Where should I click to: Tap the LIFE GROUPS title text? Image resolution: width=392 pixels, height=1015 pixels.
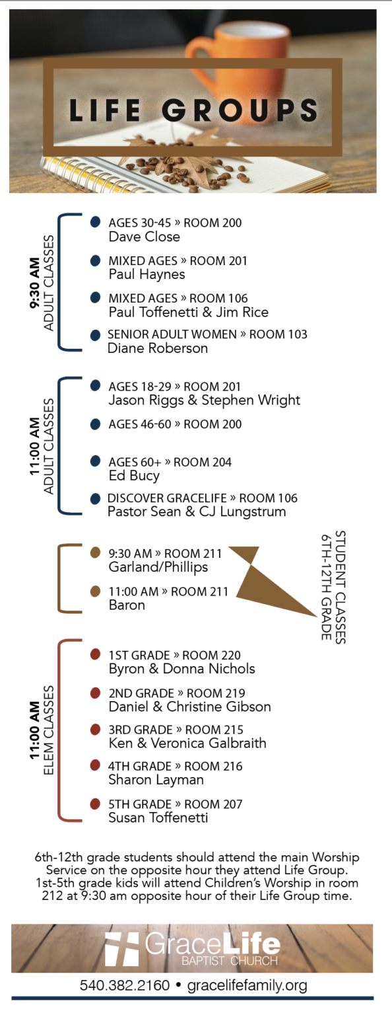pyautogui.click(x=193, y=110)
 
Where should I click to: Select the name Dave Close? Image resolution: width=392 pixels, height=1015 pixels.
pyautogui.click(x=144, y=237)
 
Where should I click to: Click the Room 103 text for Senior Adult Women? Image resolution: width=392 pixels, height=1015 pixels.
pyautogui.click(x=278, y=334)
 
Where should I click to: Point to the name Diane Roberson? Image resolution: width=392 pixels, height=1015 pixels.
pyautogui.click(x=158, y=348)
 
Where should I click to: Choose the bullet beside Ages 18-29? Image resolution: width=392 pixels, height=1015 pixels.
pyautogui.click(x=95, y=386)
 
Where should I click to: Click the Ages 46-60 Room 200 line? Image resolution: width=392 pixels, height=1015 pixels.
pyautogui.click(x=175, y=425)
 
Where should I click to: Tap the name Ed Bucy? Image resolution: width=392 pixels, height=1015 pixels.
pyautogui.click(x=134, y=476)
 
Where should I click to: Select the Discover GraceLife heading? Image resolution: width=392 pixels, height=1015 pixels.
pyautogui.click(x=167, y=498)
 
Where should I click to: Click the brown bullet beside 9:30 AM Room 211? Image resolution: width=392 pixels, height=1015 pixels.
pyautogui.click(x=95, y=553)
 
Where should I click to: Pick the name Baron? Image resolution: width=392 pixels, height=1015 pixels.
pyautogui.click(x=127, y=605)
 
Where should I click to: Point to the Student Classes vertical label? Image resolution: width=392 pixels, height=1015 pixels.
pyautogui.click(x=334, y=587)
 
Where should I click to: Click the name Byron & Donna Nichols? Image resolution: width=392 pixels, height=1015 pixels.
pyautogui.click(x=181, y=669)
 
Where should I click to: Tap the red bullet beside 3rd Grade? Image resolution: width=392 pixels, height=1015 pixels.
pyautogui.click(x=95, y=730)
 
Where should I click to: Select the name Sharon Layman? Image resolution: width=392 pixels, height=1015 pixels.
pyautogui.click(x=156, y=780)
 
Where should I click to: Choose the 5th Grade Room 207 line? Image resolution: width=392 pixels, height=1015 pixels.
pyautogui.click(x=175, y=804)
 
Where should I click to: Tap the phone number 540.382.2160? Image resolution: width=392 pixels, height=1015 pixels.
pyautogui.click(x=125, y=985)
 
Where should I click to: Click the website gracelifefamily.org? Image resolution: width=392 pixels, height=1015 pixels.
pyautogui.click(x=247, y=986)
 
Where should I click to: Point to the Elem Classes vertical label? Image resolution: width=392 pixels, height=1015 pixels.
pyautogui.click(x=48, y=730)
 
